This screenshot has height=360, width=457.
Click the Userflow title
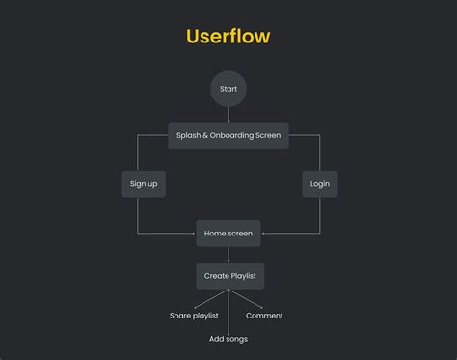pyautogui.click(x=228, y=37)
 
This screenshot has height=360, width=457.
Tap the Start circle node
pyautogui.click(x=228, y=89)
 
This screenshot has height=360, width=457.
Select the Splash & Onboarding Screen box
pyautogui.click(x=228, y=135)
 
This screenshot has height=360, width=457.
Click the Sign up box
pyautogui.click(x=144, y=183)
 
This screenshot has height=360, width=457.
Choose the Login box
pyautogui.click(x=319, y=183)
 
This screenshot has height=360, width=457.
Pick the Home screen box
pyautogui.click(x=228, y=233)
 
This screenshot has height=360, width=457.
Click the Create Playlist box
pyautogui.click(x=229, y=276)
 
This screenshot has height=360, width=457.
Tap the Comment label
pyautogui.click(x=264, y=316)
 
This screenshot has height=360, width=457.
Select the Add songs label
pyautogui.click(x=228, y=339)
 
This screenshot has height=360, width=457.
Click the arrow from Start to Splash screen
pyautogui.click(x=228, y=115)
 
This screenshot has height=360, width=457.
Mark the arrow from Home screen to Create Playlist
pyautogui.click(x=228, y=254)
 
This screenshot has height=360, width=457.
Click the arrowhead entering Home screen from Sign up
pyautogui.click(x=193, y=233)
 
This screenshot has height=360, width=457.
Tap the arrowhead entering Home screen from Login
pyautogui.click(x=265, y=233)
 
